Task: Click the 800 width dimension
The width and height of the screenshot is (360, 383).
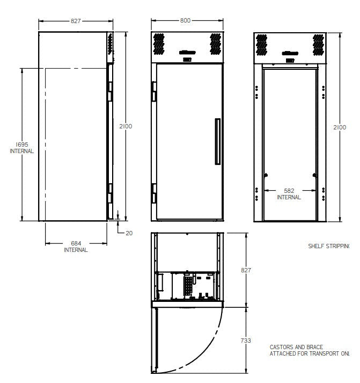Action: [185, 21]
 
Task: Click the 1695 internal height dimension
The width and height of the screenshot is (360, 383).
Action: [21, 144]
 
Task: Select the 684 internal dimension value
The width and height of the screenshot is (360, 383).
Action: [76, 243]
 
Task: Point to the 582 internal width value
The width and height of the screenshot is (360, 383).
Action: [289, 191]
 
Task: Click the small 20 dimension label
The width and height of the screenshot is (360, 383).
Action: [129, 233]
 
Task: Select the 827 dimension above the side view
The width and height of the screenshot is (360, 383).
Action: [76, 21]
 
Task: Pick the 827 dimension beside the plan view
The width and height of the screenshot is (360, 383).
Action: [246, 270]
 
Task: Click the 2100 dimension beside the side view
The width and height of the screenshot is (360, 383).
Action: [126, 126]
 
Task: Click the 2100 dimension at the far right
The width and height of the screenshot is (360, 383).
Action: [340, 127]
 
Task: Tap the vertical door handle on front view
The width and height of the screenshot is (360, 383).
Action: [217, 141]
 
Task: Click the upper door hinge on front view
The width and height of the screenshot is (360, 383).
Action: [153, 91]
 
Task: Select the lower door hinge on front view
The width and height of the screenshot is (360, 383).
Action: [153, 192]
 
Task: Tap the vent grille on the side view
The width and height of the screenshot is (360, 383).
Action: [111, 44]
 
